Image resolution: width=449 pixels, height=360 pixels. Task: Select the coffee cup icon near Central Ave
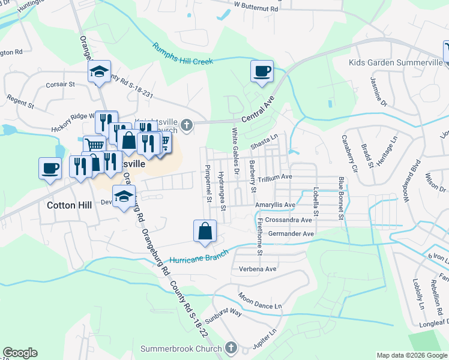[x=262, y=72]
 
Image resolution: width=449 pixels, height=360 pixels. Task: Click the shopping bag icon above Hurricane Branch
[x=205, y=230]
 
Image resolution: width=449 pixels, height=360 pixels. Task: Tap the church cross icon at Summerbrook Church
[x=231, y=348]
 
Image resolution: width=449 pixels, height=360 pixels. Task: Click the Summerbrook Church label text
[x=181, y=349]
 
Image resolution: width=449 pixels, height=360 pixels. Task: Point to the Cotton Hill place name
[x=69, y=205]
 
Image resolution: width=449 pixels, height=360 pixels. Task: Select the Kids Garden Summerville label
[x=395, y=62]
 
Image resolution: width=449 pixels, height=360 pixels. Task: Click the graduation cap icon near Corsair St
[x=100, y=73]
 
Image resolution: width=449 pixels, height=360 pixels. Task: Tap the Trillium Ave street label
[x=275, y=177]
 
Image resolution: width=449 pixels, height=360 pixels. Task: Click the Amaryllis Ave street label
[x=275, y=205]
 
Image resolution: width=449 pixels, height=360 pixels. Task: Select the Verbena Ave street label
[x=258, y=269]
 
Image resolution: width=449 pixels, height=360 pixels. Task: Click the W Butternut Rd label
[x=256, y=9]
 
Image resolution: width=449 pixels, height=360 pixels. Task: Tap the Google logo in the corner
[x=20, y=353]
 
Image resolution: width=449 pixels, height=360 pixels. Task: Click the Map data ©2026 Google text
[x=411, y=355]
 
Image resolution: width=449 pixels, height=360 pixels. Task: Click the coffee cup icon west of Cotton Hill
[x=50, y=168]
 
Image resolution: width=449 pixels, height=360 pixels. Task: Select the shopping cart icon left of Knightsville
[x=94, y=145]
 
